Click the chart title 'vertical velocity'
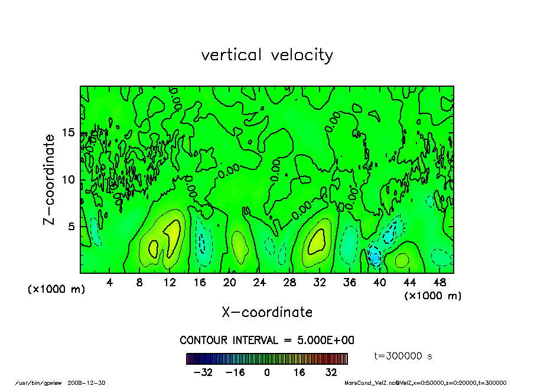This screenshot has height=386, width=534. pyautogui.click(x=267, y=55)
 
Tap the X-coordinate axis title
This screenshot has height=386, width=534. pyautogui.click(x=267, y=312)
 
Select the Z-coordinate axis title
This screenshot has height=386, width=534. pyautogui.click(x=50, y=179)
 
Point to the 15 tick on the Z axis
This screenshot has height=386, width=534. pyautogui.click(x=69, y=133)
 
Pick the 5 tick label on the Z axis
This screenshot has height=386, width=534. pyautogui.click(x=71, y=226)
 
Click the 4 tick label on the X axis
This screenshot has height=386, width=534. pyautogui.click(x=110, y=282)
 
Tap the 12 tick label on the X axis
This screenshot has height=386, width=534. pyautogui.click(x=170, y=282)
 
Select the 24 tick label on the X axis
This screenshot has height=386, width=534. pyautogui.click(x=259, y=282)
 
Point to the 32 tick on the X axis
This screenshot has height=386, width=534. pyautogui.click(x=320, y=282)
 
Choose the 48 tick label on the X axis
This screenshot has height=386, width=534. pyautogui.click(x=439, y=282)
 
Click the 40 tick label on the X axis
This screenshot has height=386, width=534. pyautogui.click(x=379, y=282)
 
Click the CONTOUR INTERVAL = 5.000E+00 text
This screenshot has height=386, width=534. pyautogui.click(x=267, y=341)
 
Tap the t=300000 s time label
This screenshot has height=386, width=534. pyautogui.click(x=403, y=356)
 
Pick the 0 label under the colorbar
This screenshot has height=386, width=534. pyautogui.click(x=267, y=372)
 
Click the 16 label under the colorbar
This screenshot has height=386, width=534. pyautogui.click(x=299, y=372)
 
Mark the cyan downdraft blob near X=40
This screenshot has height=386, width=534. pyautogui.click(x=375, y=256)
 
